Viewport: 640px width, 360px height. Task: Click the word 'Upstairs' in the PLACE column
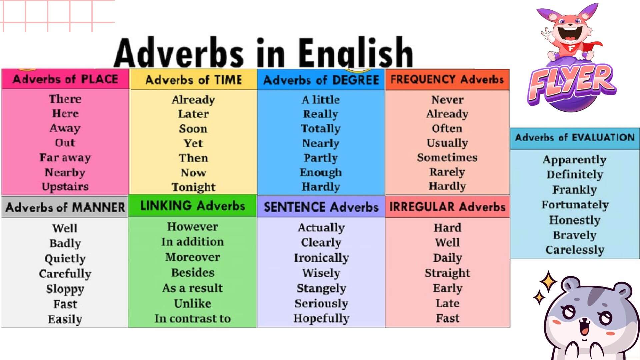(x=65, y=187)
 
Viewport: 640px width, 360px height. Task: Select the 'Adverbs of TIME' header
(x=194, y=80)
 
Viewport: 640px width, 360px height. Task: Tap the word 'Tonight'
(x=193, y=187)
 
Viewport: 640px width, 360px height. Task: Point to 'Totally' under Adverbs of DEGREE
(x=321, y=129)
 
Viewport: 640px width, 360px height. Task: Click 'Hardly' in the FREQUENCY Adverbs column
(x=447, y=186)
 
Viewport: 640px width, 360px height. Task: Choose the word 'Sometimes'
(x=447, y=157)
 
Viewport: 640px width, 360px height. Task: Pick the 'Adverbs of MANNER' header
(x=65, y=207)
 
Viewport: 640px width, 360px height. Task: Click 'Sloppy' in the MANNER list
(x=65, y=289)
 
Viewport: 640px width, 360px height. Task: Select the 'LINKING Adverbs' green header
(x=193, y=206)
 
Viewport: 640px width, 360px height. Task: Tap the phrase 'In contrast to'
(x=193, y=318)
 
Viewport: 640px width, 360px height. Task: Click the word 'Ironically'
(x=321, y=258)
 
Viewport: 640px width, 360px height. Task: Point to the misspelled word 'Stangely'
(x=321, y=288)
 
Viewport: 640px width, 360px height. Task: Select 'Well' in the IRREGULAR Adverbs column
(x=447, y=242)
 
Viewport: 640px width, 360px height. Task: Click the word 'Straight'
(x=447, y=273)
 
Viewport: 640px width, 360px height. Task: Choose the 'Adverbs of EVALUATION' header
(x=575, y=137)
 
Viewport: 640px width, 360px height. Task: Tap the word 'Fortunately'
(x=575, y=205)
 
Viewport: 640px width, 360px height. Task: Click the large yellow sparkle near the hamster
(x=549, y=282)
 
